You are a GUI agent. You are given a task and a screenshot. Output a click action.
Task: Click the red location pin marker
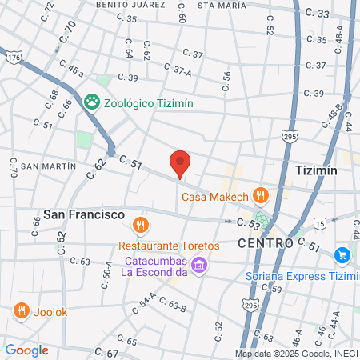[x=181, y=162]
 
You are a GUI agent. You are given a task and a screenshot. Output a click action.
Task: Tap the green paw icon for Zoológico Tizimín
[x=91, y=102]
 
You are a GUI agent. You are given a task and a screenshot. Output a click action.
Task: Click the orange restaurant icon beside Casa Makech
[x=260, y=195]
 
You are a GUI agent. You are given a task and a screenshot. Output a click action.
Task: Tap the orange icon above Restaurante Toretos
[x=141, y=225]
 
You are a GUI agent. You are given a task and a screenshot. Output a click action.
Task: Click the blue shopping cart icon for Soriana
[x=342, y=255]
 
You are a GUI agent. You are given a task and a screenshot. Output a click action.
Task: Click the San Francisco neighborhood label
[x=84, y=215]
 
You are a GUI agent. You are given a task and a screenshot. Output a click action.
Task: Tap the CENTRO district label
[x=265, y=242]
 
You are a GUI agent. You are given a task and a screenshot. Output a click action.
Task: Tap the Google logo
[x=27, y=350]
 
